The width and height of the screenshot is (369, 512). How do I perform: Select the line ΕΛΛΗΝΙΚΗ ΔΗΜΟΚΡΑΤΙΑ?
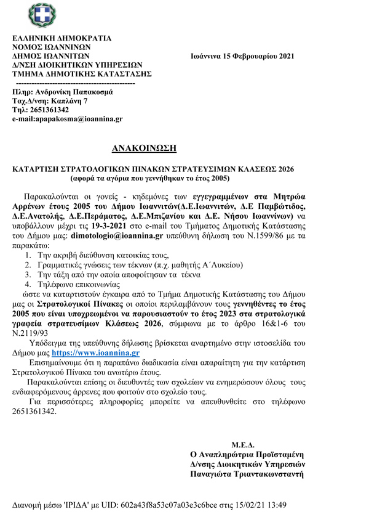(x=62, y=38)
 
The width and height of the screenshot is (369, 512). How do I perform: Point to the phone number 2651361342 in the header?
(x=49, y=109)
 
